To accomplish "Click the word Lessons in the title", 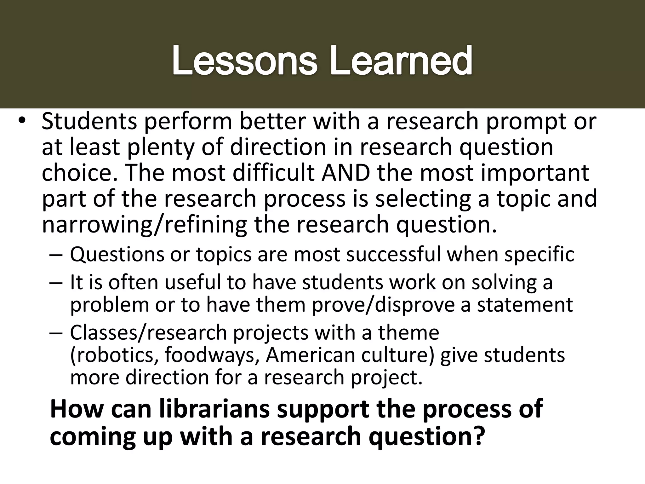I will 244,60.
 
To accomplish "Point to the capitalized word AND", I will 345,173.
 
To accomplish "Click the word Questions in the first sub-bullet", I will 117,254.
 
